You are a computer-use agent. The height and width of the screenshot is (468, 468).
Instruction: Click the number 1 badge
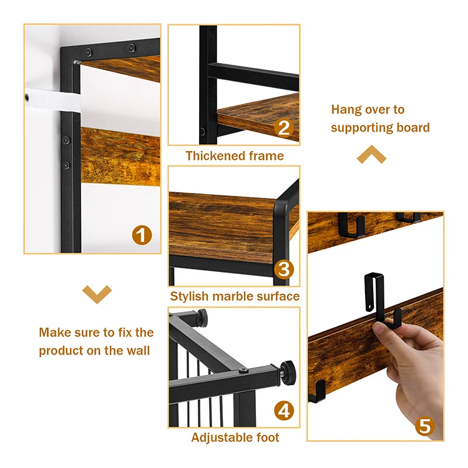(142, 235)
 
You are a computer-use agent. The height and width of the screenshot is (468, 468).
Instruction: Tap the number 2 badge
(284, 128)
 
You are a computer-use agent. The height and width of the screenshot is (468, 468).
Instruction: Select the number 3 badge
(284, 269)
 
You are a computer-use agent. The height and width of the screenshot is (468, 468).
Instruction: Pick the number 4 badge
(284, 411)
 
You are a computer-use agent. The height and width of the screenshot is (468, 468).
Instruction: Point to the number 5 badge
(425, 426)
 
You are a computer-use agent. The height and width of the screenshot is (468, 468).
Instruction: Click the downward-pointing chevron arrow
(97, 295)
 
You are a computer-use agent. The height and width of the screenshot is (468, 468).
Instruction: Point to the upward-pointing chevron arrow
(371, 154)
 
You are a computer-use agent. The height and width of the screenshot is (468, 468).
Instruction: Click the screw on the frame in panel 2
(202, 131)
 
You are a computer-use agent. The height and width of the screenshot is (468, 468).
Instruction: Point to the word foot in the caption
(268, 437)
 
